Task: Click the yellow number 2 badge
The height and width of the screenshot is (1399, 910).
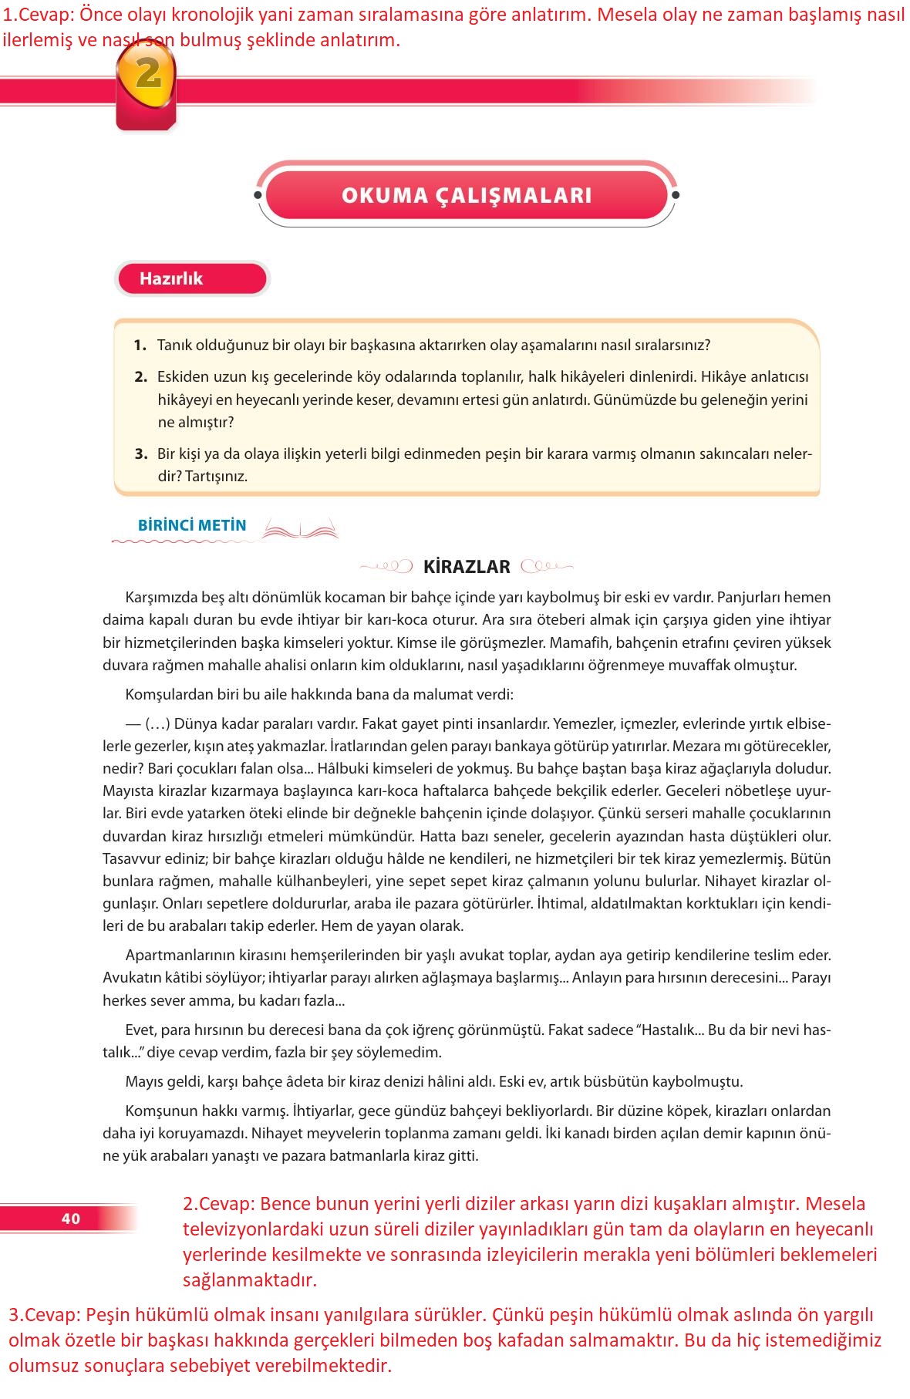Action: [147, 75]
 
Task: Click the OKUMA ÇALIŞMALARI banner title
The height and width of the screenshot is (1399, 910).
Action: [467, 195]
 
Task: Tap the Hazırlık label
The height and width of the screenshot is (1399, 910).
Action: [171, 278]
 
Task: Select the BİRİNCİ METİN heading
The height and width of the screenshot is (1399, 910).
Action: [192, 525]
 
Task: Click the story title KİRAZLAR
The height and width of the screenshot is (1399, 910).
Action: [467, 567]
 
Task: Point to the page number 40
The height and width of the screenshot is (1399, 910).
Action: [71, 1219]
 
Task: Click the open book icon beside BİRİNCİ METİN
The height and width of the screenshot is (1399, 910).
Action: [301, 529]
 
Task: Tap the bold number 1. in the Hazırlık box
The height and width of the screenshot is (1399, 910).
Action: [140, 345]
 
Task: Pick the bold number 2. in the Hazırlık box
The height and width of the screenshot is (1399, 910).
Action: [140, 376]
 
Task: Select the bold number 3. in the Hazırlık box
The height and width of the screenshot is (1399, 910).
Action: [140, 453]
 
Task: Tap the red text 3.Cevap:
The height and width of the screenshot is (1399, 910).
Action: [44, 1315]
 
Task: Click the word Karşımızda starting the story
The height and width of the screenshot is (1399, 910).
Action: [161, 597]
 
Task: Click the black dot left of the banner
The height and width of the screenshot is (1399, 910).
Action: [258, 195]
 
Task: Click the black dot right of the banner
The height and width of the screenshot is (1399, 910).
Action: [676, 195]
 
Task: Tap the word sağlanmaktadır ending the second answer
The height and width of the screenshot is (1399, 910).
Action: [249, 1280]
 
